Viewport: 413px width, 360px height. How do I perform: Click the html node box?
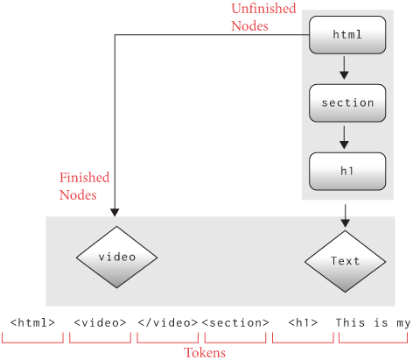347,36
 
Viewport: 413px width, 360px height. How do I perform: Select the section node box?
347,102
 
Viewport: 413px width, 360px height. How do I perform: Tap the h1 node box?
347,170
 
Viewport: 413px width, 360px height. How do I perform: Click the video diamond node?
116,258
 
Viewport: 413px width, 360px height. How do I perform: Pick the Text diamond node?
345,261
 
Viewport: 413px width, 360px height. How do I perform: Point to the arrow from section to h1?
345,136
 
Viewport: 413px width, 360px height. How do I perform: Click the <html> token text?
32,322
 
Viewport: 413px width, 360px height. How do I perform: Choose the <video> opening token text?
101,322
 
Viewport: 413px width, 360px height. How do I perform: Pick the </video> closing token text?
168,322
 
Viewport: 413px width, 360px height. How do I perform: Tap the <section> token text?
234,322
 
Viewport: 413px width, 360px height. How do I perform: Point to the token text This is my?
373,322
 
